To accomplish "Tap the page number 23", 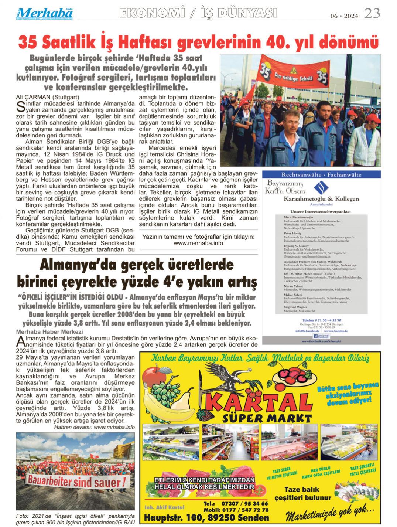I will (372, 14).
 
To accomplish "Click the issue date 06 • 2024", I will (344, 16).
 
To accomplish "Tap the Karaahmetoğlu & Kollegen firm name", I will (321, 199).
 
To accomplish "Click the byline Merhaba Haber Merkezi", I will (50, 331).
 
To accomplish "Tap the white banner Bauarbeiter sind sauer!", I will (75, 482).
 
